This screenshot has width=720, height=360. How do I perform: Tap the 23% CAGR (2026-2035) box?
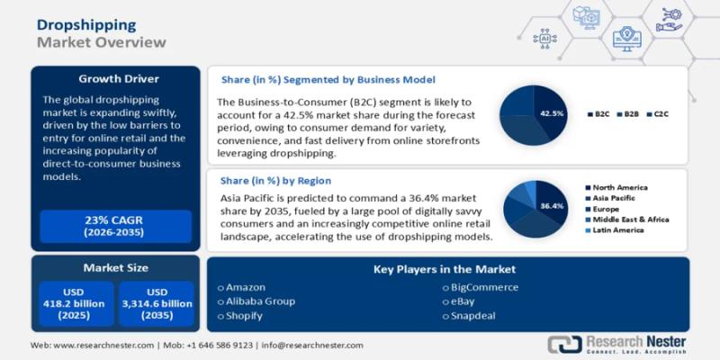[114, 226]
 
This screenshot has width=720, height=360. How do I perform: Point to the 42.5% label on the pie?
[552, 113]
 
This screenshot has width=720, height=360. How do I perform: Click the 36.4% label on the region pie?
[553, 206]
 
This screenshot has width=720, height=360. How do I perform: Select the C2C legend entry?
[662, 114]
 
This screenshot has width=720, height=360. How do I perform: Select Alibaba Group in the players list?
[262, 301]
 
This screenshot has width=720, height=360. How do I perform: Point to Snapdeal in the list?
[474, 316]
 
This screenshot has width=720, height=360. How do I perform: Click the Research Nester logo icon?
[563, 345]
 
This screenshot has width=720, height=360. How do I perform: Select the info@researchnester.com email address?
[312, 346]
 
